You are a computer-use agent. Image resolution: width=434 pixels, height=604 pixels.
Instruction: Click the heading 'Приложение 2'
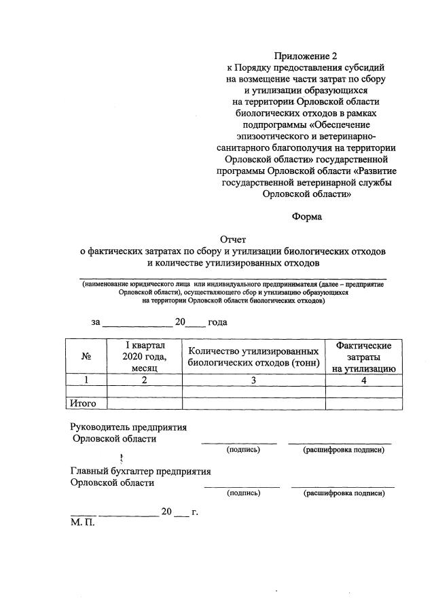[306, 56]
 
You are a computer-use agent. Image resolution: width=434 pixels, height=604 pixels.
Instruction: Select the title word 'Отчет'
[235, 238]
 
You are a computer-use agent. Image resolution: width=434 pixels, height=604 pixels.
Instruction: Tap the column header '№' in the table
[86, 356]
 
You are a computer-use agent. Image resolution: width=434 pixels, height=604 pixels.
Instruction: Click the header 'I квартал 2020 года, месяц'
[145, 357]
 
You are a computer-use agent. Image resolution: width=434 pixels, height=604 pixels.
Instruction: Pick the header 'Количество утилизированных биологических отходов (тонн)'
[253, 357]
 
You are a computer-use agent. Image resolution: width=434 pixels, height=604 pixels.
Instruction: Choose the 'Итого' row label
[84, 404]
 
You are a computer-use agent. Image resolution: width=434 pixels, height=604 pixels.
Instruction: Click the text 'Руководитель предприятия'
[128, 427]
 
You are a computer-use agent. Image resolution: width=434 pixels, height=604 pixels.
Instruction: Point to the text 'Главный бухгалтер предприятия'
[141, 471]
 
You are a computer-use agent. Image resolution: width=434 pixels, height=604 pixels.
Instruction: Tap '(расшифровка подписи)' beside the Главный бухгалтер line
[344, 493]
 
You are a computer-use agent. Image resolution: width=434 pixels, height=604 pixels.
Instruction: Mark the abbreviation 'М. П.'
[83, 523]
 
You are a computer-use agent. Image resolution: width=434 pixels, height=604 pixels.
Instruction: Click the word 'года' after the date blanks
[217, 322]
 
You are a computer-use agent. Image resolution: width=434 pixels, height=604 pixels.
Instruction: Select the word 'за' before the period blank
[96, 322]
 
